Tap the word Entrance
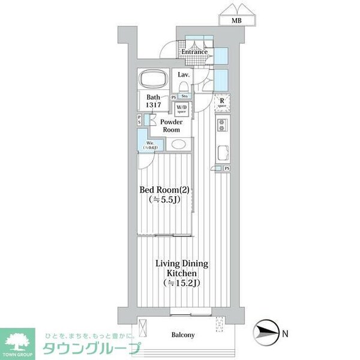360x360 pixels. point(195,52)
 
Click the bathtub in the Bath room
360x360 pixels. point(154,80)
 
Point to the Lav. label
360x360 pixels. point(184,74)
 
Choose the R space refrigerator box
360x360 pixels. point(222,102)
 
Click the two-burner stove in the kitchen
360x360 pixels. point(221,125)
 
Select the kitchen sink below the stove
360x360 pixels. point(221,150)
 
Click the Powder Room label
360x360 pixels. point(170,126)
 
